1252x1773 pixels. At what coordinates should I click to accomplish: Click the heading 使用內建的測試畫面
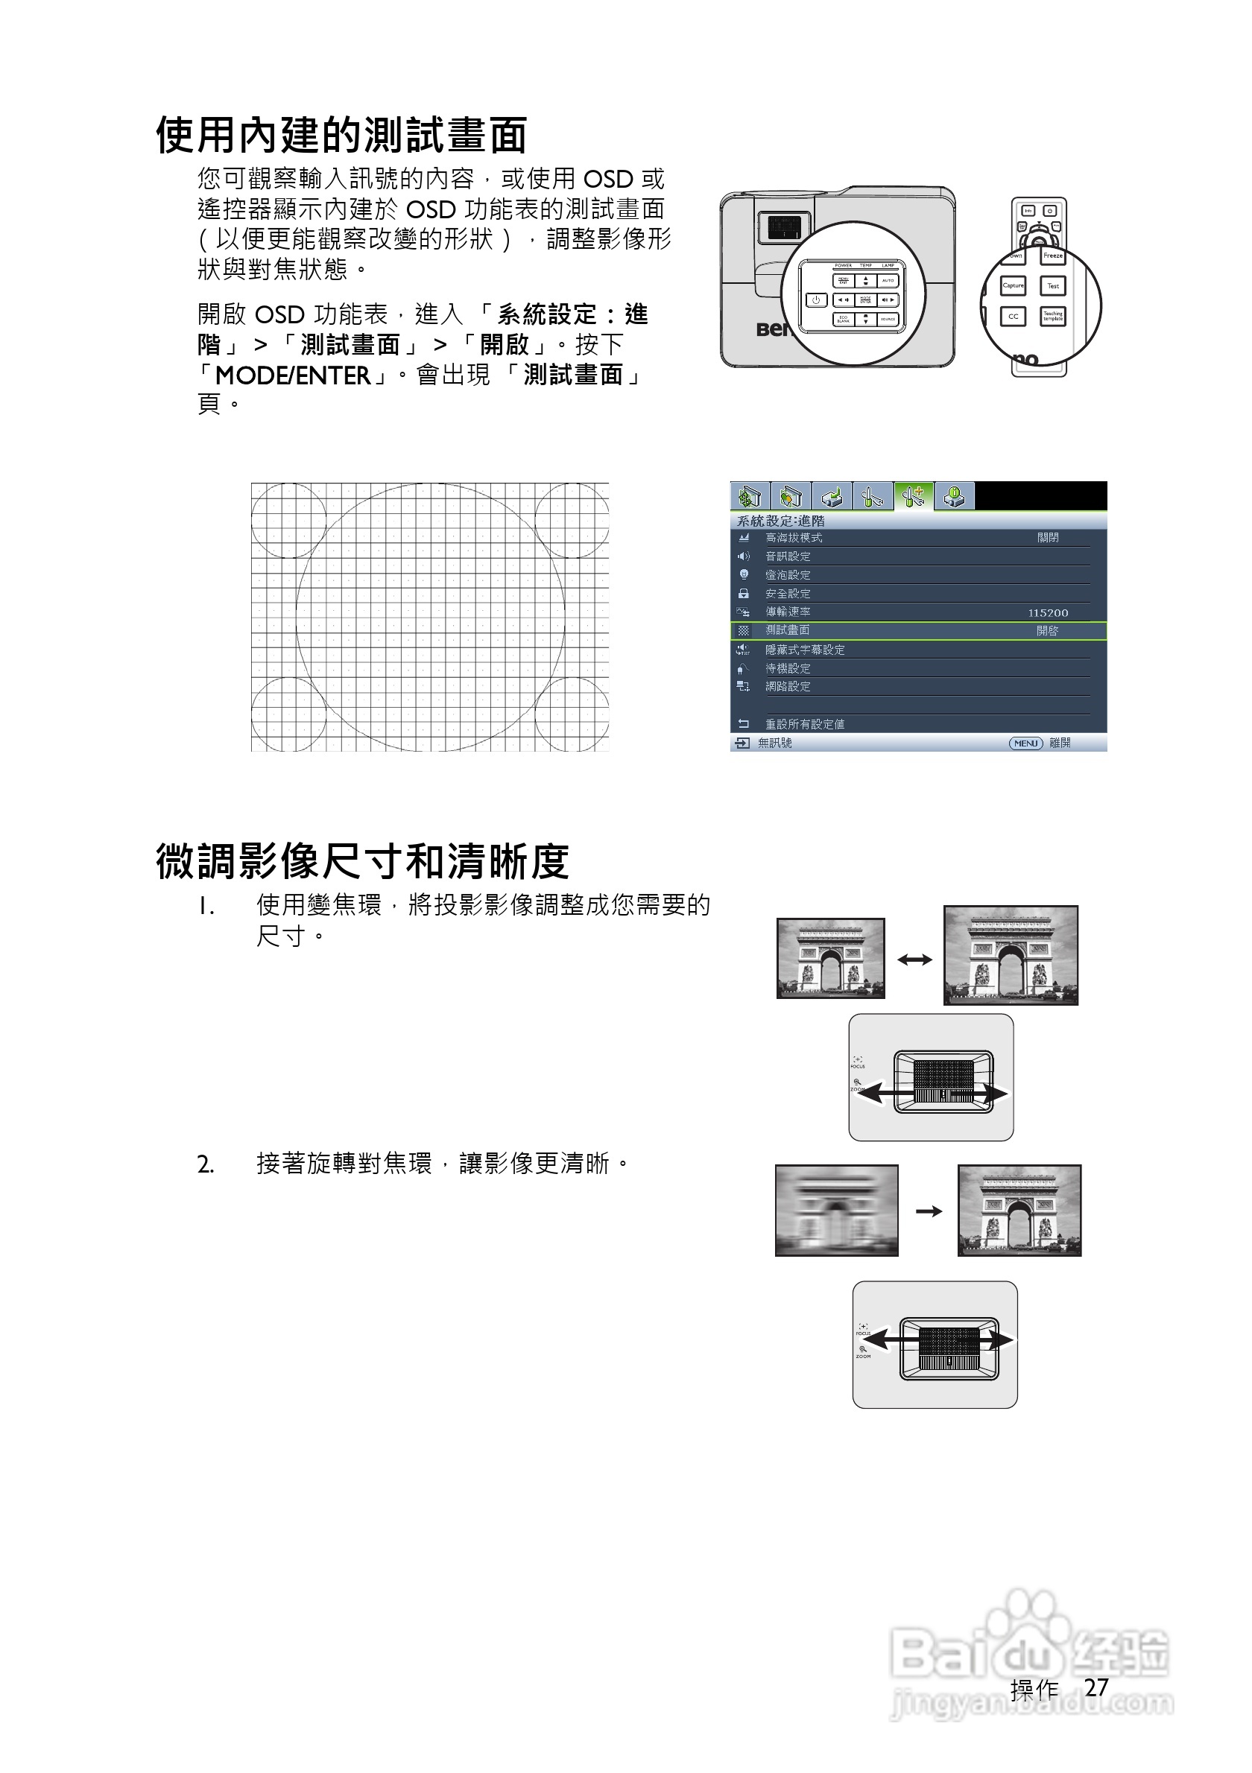341,136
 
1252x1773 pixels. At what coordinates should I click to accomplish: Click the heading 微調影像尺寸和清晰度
362,862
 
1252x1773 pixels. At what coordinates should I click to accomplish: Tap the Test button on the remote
1053,286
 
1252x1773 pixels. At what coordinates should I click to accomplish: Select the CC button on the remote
1013,316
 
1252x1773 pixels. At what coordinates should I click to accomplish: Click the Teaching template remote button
1053,316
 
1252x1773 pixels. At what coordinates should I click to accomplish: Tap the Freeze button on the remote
1053,256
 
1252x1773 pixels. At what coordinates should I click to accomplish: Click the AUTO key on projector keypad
888,280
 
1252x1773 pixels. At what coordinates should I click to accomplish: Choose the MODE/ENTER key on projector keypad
866,299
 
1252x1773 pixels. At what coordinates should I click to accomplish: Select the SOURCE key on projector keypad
888,319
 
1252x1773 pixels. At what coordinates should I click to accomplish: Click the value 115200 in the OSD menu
1047,613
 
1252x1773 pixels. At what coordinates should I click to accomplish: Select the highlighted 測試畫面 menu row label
787,631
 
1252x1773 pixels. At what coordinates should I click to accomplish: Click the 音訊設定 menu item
787,556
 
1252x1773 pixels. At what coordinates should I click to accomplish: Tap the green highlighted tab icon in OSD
914,495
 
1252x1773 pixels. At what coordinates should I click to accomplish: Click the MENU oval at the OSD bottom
1025,743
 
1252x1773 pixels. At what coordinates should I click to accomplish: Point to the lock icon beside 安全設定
743,594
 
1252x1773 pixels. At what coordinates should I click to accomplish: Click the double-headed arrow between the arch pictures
914,960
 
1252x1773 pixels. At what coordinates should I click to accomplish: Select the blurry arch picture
836,1210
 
